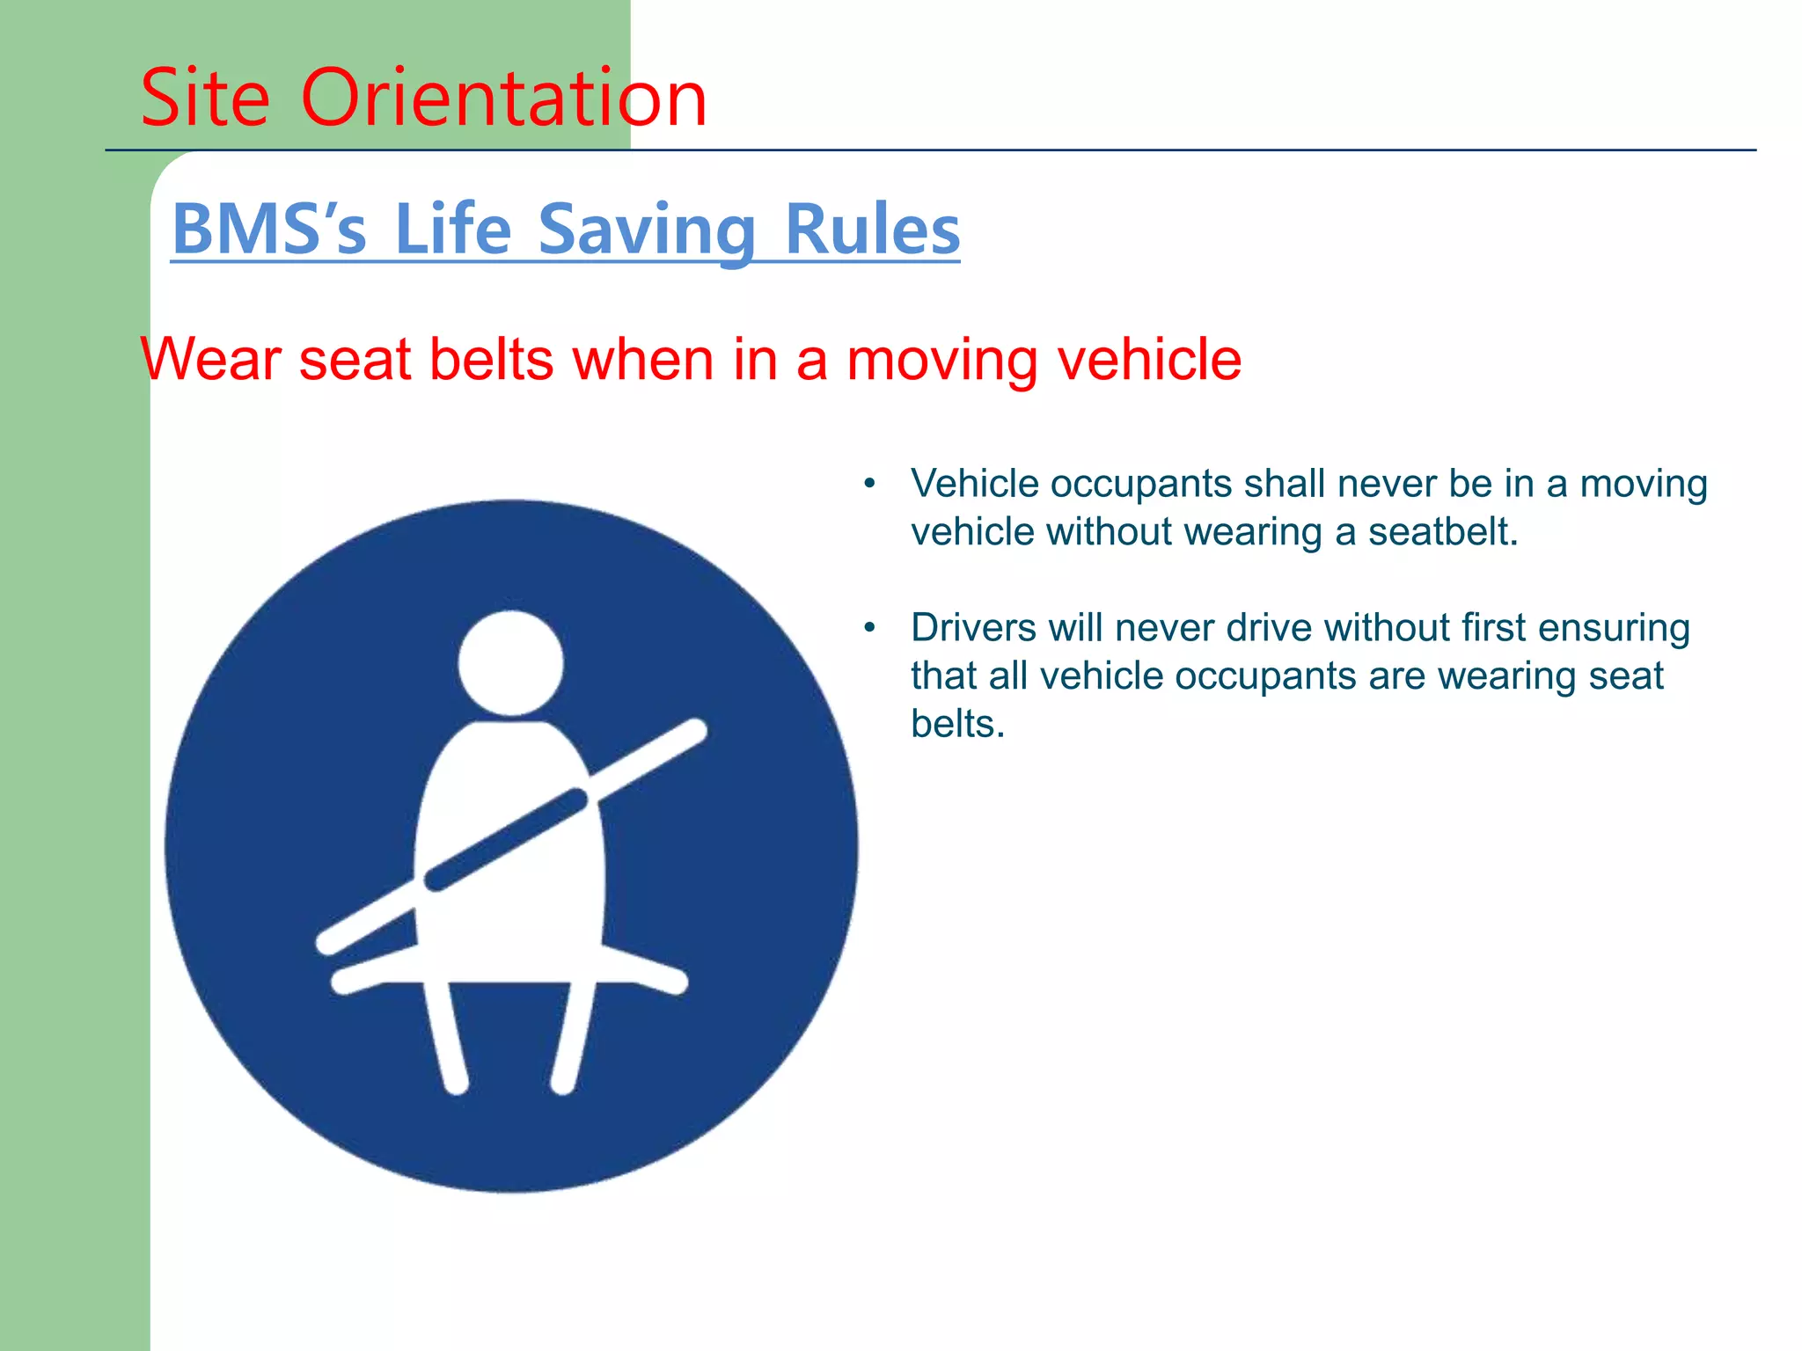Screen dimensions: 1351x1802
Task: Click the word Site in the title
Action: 205,98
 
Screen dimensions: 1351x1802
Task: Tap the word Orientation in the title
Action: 503,98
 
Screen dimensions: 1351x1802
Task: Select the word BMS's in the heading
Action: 268,230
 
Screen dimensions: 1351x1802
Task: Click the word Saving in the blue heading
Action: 647,230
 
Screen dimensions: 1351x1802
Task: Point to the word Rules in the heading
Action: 872,230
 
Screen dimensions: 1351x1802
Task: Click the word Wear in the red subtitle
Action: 210,360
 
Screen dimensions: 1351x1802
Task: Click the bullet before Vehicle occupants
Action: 869,484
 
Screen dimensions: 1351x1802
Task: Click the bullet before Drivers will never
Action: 869,628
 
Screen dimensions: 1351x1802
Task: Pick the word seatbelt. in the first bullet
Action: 1443,532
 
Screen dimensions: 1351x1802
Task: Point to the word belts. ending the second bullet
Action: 957,724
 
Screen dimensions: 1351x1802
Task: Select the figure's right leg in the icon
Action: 573,1038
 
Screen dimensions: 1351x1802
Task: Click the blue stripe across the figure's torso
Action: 506,840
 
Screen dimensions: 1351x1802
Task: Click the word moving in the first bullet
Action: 1644,484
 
